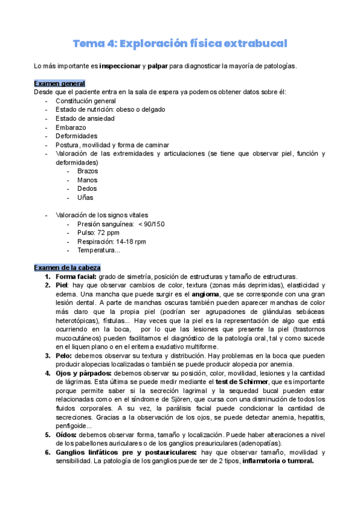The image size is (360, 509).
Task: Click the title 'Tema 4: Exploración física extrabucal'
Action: pos(180,43)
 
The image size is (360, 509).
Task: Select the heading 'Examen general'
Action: pos(59,83)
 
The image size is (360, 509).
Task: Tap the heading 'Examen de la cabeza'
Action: pos(67,267)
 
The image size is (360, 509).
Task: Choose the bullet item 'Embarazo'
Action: pos(70,127)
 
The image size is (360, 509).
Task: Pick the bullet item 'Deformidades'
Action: pos(76,136)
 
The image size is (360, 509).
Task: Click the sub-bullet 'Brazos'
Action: pos(88,171)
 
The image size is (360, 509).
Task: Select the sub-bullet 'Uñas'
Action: pos(85,197)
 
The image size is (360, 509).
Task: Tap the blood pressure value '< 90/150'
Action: pos(151,224)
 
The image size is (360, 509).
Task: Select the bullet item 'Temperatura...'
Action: pos(98,250)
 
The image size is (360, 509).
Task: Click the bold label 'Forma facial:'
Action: pos(76,276)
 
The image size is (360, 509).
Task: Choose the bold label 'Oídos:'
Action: pos(68,435)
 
